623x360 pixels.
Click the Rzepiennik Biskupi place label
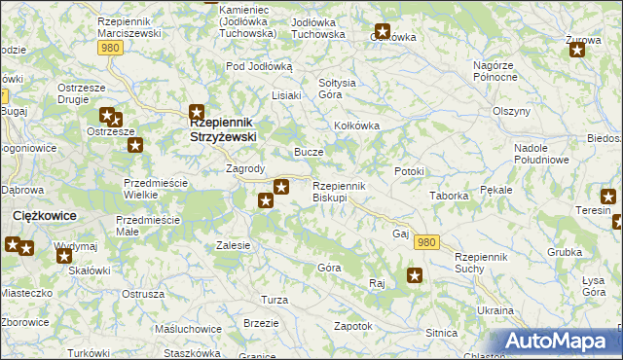338,192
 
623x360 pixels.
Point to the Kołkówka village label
356,126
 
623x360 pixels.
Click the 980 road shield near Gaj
425,240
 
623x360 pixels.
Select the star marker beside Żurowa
577,50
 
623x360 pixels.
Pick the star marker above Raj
415,275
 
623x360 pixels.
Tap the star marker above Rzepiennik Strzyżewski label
197,112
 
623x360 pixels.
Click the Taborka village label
450,196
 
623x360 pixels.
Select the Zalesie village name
235,246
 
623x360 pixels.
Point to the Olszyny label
510,111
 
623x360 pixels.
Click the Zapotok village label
353,326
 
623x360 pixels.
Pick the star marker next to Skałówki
64,256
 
